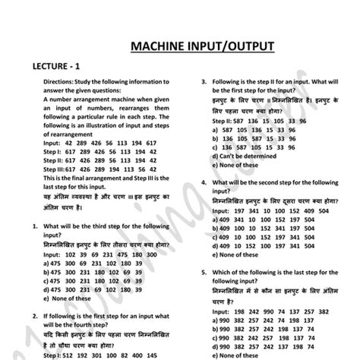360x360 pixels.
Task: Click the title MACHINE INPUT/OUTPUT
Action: tap(201, 47)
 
